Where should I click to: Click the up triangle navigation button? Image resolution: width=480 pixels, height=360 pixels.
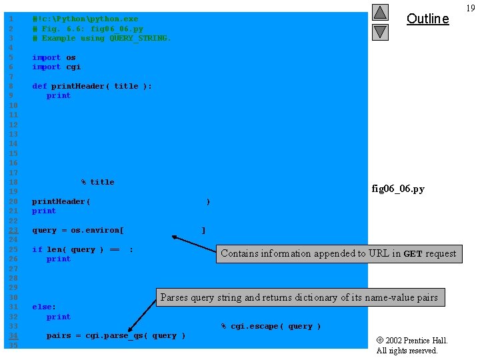(x=380, y=12)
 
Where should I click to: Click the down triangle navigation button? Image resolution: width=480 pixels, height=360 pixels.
(x=380, y=31)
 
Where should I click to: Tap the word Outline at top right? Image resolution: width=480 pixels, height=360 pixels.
(x=427, y=19)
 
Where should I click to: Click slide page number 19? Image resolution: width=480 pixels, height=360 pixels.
(x=471, y=8)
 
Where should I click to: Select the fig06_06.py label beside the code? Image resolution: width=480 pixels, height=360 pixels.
(x=397, y=189)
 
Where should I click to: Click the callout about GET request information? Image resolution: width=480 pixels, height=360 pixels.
(x=338, y=253)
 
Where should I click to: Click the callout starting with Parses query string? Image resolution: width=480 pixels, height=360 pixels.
(x=299, y=297)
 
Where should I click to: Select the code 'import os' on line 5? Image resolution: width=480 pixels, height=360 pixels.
(x=54, y=57)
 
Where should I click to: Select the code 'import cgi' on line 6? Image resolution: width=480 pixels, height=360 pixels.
(x=56, y=67)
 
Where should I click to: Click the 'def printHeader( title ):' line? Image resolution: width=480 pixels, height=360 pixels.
(x=92, y=86)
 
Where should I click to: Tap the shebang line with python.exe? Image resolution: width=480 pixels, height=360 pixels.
(x=85, y=19)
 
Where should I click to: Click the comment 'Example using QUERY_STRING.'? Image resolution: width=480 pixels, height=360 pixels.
(x=101, y=38)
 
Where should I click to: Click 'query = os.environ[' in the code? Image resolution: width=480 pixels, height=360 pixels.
(x=78, y=230)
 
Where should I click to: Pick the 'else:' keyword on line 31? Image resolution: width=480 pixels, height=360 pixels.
(x=44, y=307)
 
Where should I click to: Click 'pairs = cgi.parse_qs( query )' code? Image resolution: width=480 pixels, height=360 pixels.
(x=116, y=335)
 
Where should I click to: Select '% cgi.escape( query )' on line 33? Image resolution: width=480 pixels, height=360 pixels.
(x=271, y=326)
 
